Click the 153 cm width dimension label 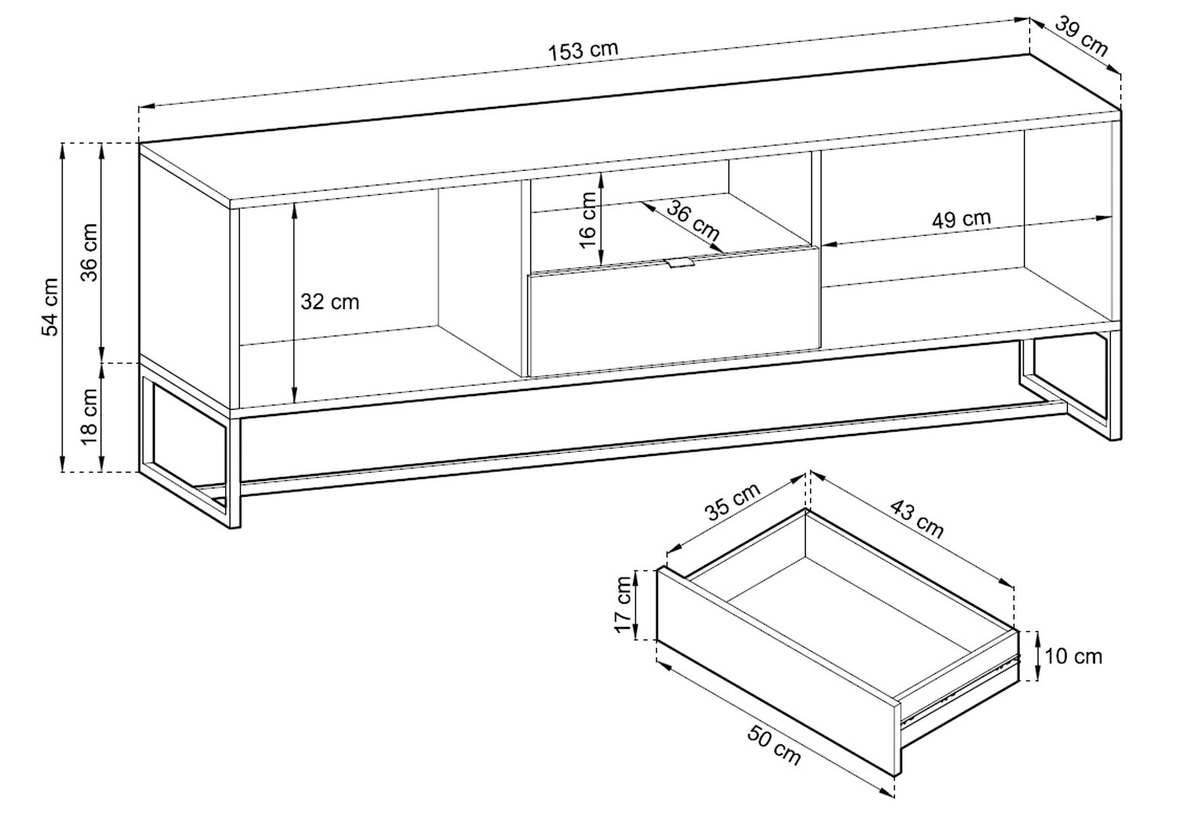pyautogui.click(x=583, y=51)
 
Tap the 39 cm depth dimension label pyautogui.click(x=1081, y=36)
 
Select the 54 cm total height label pyautogui.click(x=50, y=307)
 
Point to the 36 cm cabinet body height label pyautogui.click(x=90, y=251)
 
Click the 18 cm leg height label pyautogui.click(x=90, y=416)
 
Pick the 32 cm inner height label pyautogui.click(x=330, y=302)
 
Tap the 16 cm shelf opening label pyautogui.click(x=589, y=219)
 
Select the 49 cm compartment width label pyautogui.click(x=961, y=220)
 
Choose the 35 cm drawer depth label pyautogui.click(x=732, y=501)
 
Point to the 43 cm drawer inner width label pyautogui.click(x=917, y=519)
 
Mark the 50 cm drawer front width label pyautogui.click(x=774, y=744)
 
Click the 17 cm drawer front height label pyautogui.click(x=623, y=604)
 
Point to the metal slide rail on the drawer pyautogui.click(x=956, y=690)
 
